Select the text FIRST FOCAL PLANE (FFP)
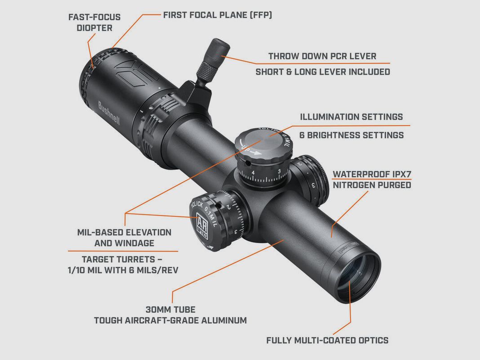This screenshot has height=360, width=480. point(217,15)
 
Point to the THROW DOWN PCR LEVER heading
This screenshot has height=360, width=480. point(322,56)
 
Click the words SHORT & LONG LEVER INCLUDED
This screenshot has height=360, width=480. point(323,72)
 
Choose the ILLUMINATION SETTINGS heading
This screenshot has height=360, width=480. point(351,117)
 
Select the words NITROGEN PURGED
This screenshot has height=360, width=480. point(371,185)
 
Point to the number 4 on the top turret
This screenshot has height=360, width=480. point(253,172)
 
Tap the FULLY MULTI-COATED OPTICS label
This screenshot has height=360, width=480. point(327,340)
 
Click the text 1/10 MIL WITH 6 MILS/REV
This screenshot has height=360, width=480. point(122,270)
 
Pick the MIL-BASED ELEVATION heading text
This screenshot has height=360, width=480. point(124,233)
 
